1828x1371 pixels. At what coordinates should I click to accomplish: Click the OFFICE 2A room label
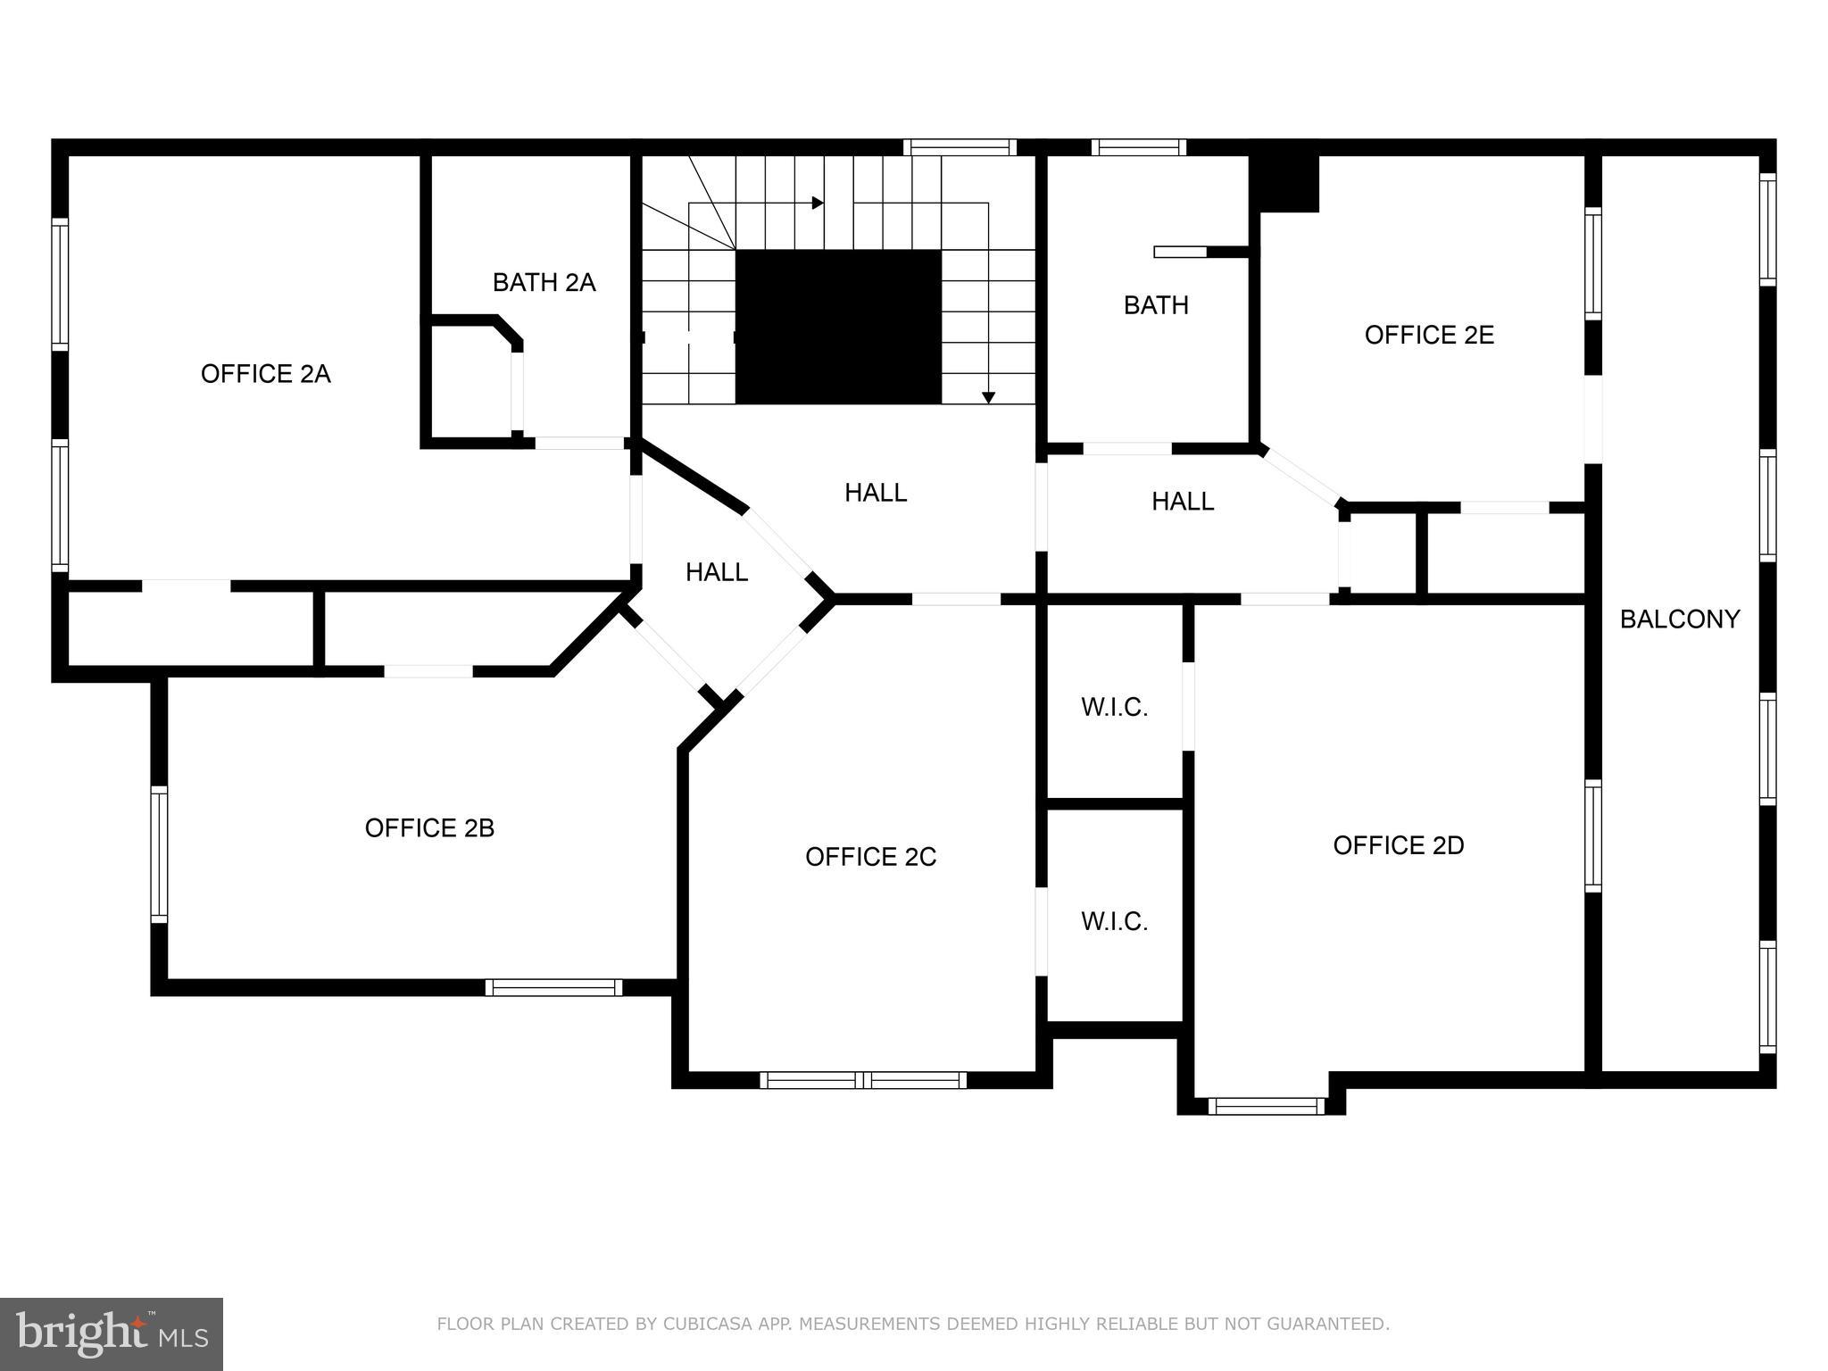(265, 374)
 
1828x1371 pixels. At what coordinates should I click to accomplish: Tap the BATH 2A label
(544, 283)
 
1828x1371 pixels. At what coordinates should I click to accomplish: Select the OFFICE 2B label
(429, 828)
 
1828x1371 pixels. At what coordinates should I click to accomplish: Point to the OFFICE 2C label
(870, 857)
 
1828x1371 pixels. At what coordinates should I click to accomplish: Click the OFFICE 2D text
(1398, 845)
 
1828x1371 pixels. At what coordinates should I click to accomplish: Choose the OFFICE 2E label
(1428, 335)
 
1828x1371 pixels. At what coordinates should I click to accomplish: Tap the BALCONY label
(1679, 619)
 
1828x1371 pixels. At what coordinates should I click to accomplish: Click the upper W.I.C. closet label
(1114, 708)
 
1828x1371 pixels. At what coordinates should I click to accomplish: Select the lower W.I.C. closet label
(1114, 922)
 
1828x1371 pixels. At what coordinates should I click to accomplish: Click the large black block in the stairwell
(837, 327)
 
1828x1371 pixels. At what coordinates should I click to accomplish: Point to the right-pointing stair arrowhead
(817, 204)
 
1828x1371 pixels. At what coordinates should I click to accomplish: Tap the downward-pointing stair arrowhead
(988, 397)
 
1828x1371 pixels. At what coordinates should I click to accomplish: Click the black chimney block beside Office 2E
(1284, 183)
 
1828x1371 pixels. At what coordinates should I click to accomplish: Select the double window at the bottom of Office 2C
(862, 1080)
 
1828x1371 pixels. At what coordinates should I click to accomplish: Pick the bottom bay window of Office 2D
(1266, 1107)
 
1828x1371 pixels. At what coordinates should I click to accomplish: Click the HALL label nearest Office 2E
(1182, 502)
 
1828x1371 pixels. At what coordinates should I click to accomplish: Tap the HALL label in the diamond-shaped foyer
(716, 572)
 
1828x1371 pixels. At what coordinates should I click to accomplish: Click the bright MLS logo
(112, 1334)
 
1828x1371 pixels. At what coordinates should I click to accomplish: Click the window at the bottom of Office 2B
(553, 987)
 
